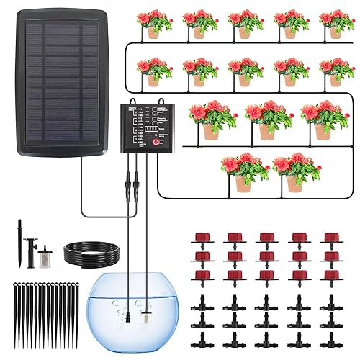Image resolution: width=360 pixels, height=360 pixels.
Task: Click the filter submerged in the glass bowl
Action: [x=148, y=317]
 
